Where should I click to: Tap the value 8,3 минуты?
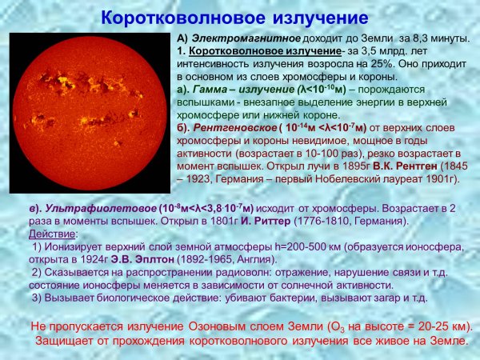point(446,38)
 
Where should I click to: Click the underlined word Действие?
point(49,233)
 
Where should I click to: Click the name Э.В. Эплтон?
point(157,259)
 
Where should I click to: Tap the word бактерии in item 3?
point(282,298)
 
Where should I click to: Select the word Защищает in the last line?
point(66,341)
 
